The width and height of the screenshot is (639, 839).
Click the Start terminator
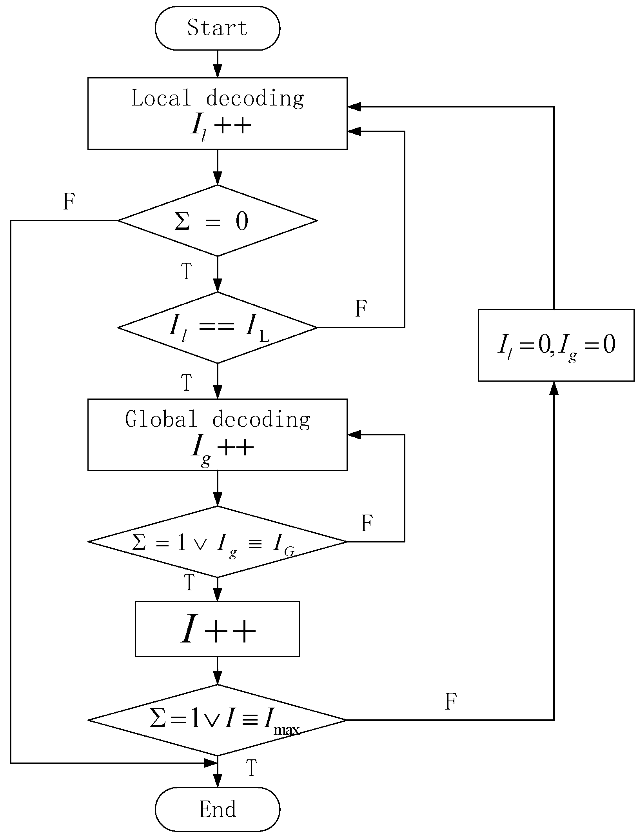tap(217, 28)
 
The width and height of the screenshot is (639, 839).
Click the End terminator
tap(217, 809)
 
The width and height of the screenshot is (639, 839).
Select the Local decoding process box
tap(217, 113)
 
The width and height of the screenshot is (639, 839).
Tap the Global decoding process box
tap(217, 434)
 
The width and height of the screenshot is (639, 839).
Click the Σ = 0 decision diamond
tap(217, 220)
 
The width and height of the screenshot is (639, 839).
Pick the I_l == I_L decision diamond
tap(217, 328)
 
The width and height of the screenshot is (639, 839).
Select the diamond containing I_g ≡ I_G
tap(217, 542)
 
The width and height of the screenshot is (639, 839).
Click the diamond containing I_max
tap(217, 720)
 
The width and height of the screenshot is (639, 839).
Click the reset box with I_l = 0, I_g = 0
tap(556, 345)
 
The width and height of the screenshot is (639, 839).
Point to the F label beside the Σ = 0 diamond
tap(69, 202)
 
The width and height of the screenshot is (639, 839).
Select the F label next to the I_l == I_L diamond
tap(361, 309)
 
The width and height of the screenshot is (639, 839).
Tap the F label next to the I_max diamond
tap(451, 702)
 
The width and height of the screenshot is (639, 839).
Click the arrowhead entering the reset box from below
tap(554, 388)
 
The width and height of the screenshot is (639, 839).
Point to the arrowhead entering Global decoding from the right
tap(354, 435)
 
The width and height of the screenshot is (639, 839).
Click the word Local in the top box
tap(161, 98)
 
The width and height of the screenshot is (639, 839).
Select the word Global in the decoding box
tap(161, 419)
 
